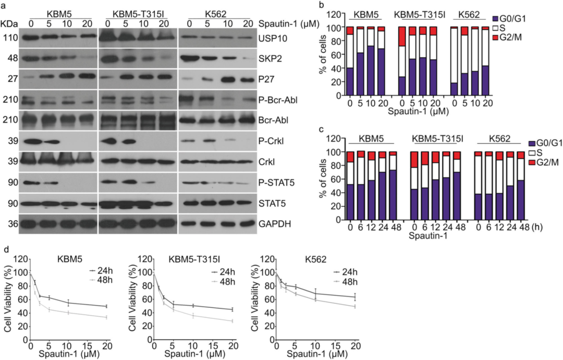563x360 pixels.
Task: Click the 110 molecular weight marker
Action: coord(10,38)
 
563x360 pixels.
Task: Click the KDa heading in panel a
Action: coord(9,23)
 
